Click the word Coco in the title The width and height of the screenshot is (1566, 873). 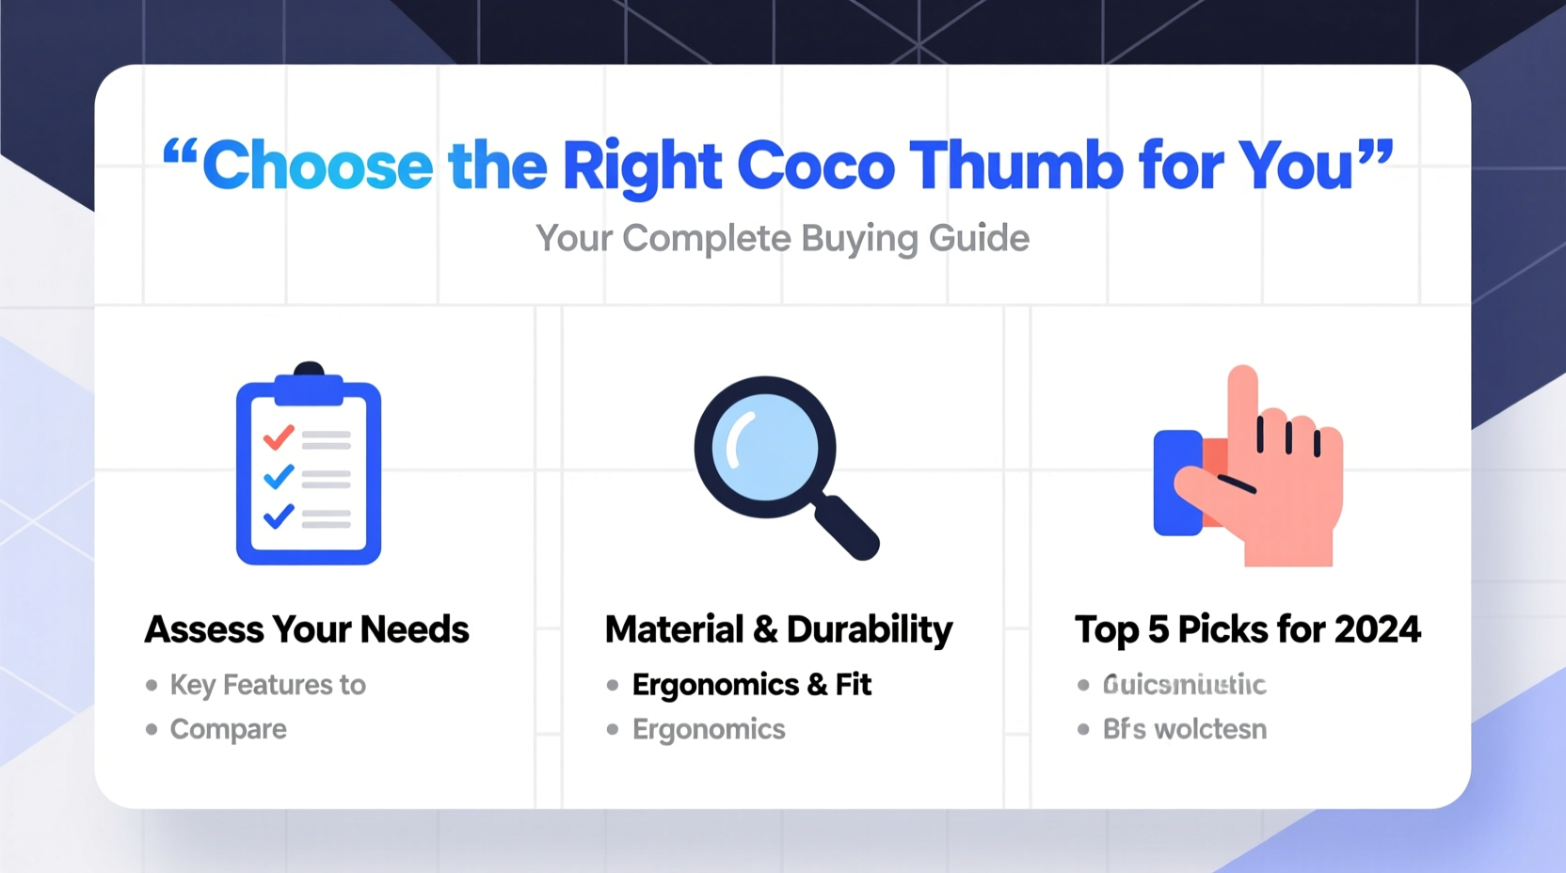pyautogui.click(x=815, y=167)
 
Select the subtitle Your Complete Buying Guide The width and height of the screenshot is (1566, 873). pyautogui.click(x=782, y=238)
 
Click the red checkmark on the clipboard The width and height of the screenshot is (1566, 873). pyautogui.click(x=279, y=437)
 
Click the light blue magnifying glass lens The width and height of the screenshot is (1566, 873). pyautogui.click(x=764, y=447)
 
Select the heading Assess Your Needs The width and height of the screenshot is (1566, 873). pyautogui.click(x=307, y=629)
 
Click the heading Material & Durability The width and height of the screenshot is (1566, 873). pyautogui.click(x=778, y=629)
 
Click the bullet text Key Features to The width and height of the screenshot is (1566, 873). pyautogui.click(x=267, y=685)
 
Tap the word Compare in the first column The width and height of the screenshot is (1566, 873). pyautogui.click(x=228, y=729)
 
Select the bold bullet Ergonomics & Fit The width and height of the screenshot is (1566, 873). pyautogui.click(x=751, y=685)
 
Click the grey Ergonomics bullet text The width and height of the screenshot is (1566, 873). pyautogui.click(x=709, y=729)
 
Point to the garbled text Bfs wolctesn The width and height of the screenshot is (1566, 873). pyautogui.click(x=1184, y=729)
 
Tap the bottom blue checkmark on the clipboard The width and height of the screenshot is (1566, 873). pyautogui.click(x=279, y=516)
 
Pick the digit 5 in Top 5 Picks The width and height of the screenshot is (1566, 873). pyautogui.click(x=1158, y=629)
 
